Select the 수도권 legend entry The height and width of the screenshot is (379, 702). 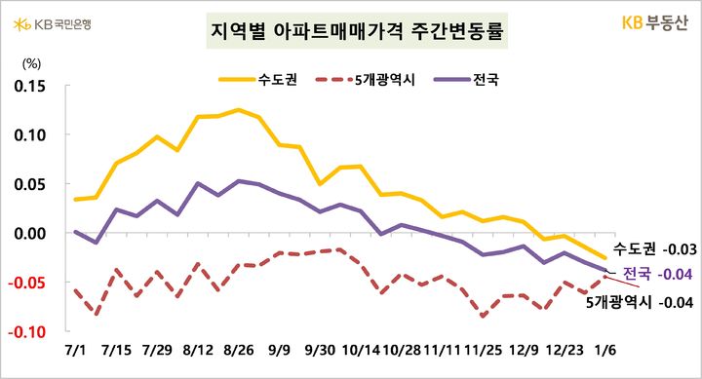[x=251, y=79]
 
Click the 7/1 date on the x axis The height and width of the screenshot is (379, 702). [x=74, y=348]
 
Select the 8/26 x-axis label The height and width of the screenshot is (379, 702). [x=239, y=348]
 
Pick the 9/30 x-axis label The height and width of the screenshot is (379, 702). [x=321, y=348]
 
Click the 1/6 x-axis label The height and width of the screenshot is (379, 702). [x=605, y=348]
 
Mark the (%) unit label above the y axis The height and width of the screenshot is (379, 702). [x=30, y=63]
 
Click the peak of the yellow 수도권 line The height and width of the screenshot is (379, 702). [x=238, y=109]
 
